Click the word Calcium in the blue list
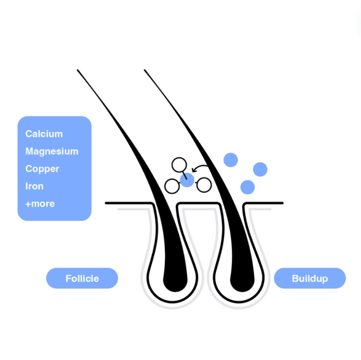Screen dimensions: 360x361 coord(44,134)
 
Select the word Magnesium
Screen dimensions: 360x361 coord(52,151)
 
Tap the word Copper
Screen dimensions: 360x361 coord(42,169)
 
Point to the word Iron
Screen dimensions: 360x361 coord(34,186)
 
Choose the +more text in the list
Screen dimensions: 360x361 coord(40,204)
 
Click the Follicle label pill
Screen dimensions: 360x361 coord(82,278)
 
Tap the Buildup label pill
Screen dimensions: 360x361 coord(310,278)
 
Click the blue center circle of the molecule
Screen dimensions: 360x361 coord(187,180)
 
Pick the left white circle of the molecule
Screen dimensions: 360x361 coord(172,186)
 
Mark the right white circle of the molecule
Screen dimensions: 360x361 coord(204,185)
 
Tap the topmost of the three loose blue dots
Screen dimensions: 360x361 coord(230,160)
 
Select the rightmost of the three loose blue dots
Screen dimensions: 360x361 coord(260,169)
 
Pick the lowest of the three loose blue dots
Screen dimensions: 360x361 coord(247,187)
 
